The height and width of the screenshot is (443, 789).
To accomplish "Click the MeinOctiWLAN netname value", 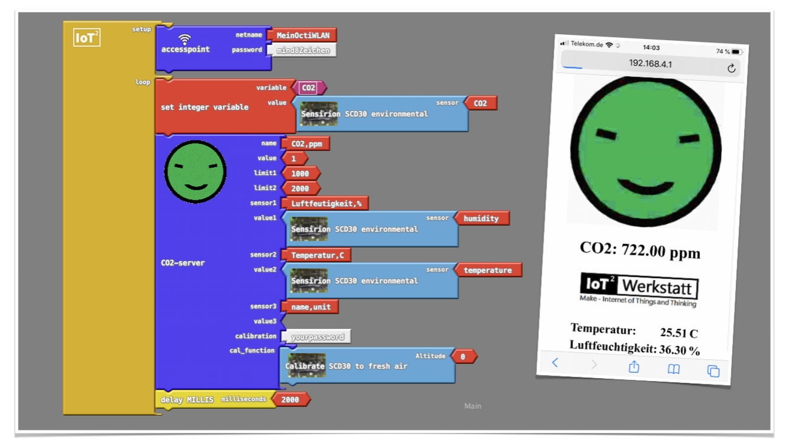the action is coord(303,35).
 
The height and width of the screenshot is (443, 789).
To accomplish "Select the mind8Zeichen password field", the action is coord(303,51).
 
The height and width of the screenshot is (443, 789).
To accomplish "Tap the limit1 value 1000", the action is coord(300,174).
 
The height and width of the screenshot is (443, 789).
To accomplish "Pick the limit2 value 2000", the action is coord(300,188).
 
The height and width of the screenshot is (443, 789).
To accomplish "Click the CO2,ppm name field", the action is coord(306,144).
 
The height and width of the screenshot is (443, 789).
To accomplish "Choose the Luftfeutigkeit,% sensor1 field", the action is coord(326,204).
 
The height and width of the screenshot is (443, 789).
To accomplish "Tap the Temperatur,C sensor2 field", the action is coord(318,255).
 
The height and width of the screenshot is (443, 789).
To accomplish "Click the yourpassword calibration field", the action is coord(317,337).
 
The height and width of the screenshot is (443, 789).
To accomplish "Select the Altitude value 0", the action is coord(463,357).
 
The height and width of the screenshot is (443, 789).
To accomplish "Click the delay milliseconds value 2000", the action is coord(290,400).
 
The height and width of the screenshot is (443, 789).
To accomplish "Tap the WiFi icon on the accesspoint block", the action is coord(185,39).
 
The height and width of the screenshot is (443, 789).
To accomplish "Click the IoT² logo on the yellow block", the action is coord(86,38).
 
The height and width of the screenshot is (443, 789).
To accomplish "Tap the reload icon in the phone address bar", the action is coord(731,69).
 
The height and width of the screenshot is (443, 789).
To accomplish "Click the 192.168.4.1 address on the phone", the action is coord(650,64).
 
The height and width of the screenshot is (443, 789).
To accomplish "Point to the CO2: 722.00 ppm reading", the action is coord(640,250).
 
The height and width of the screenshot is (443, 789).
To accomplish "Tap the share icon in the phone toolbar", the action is coord(634,367).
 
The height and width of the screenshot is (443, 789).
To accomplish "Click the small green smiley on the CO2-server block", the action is coord(195,171).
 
